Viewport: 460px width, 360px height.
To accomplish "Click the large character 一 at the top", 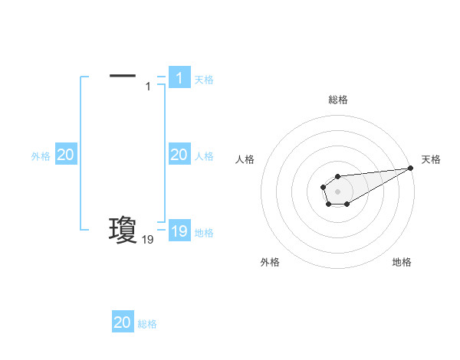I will tap(123, 75).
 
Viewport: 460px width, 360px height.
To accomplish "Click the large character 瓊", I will tap(123, 229).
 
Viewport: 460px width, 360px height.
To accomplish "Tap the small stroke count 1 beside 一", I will tap(148, 86).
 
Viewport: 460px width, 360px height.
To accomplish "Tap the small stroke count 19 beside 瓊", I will tap(147, 240).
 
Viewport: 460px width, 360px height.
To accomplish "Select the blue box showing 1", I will tap(179, 77).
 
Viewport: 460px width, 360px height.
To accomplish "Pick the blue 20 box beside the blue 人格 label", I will tap(179, 155).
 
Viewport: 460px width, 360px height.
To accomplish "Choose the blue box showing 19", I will tap(179, 231).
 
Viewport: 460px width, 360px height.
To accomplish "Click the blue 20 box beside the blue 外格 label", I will tap(65, 155).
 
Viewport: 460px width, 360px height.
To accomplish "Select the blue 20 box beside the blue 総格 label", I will tap(123, 322).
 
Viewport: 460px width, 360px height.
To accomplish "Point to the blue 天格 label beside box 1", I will tap(204, 80).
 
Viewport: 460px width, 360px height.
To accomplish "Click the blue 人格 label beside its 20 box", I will tap(204, 156).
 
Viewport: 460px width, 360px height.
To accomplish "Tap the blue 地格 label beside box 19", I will tap(204, 233).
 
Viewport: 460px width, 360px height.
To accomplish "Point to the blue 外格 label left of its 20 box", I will tap(41, 156).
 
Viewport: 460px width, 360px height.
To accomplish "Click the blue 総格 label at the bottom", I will tap(147, 324).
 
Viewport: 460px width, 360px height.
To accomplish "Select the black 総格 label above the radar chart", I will tap(337, 100).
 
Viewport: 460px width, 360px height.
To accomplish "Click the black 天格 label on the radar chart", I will tap(431, 159).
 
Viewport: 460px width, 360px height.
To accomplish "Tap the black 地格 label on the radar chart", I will tap(402, 262).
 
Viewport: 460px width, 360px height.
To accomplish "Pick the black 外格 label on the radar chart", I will tap(270, 262).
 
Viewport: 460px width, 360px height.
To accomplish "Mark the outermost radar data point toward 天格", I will tap(410, 168).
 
